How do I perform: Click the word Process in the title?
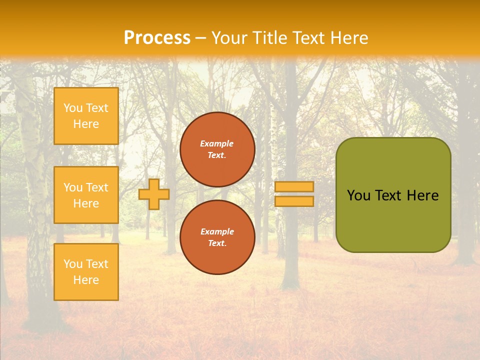coord(157,38)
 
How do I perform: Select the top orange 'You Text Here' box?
coord(86,116)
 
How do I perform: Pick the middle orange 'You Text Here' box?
coord(86,195)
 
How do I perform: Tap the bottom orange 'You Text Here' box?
coord(86,271)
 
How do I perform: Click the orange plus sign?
coord(154,194)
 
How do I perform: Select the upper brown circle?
coord(217,149)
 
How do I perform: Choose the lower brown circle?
coord(217,237)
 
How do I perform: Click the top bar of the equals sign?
coord(294,186)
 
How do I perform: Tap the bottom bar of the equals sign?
coord(294,201)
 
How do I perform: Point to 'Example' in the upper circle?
coord(217,143)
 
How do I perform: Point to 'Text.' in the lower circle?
coord(217,243)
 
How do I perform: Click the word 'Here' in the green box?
coord(422,195)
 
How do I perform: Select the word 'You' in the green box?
coord(358,195)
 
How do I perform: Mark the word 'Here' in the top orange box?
coord(86,124)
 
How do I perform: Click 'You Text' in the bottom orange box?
coord(86,263)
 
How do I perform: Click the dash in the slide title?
coord(201,38)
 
